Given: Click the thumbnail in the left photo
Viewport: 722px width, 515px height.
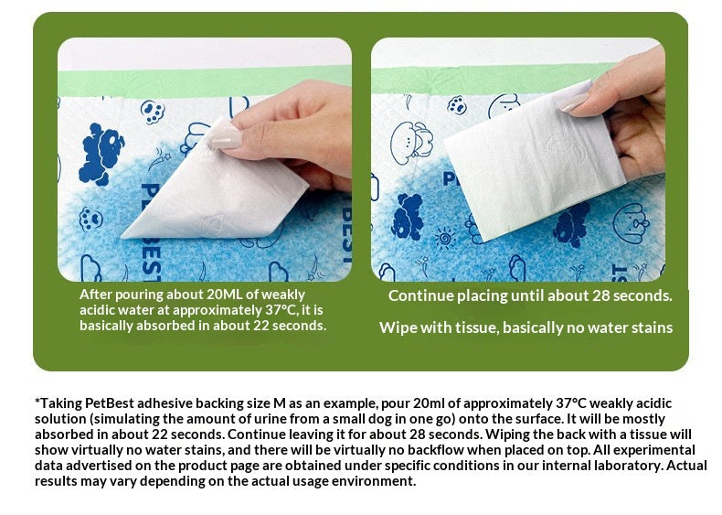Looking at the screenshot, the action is (225, 137).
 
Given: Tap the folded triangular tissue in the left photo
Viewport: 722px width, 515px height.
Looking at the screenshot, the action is (217, 189).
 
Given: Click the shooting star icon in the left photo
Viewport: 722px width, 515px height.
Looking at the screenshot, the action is (160, 159).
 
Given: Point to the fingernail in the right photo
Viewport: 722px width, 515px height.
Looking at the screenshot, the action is (573, 102).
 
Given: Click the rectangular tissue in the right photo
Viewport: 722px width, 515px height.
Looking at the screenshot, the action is (534, 159).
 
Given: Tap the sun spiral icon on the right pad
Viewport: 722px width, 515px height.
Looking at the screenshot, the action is (445, 239).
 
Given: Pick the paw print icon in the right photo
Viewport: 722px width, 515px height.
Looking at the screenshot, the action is (457, 105).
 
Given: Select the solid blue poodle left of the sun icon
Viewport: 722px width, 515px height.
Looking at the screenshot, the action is (408, 217).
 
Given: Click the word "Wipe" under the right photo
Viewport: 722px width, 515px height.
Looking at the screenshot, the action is (396, 327).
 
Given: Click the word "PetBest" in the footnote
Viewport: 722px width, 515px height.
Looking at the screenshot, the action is (110, 403).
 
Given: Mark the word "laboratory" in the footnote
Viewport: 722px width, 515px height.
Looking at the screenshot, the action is (634, 466).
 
